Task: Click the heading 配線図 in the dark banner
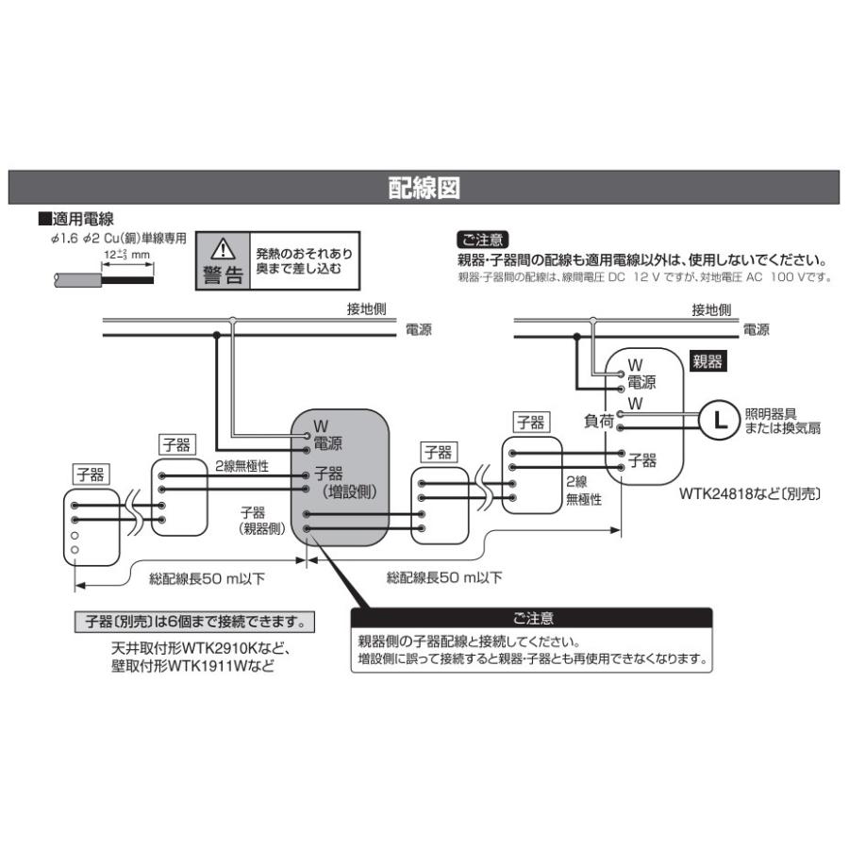pyautogui.click(x=424, y=187)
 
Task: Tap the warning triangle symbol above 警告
pyautogui.click(x=222, y=249)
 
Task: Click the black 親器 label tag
pyautogui.click(x=709, y=360)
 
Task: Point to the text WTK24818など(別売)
pyautogui.click(x=752, y=492)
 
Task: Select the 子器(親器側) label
pyautogui.click(x=264, y=521)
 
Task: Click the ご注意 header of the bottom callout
pyautogui.click(x=533, y=619)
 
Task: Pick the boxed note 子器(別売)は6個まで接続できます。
pyautogui.click(x=193, y=622)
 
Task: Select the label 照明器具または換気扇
pyautogui.click(x=782, y=420)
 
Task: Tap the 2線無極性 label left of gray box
pyautogui.click(x=242, y=466)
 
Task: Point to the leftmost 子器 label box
pyautogui.click(x=92, y=474)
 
